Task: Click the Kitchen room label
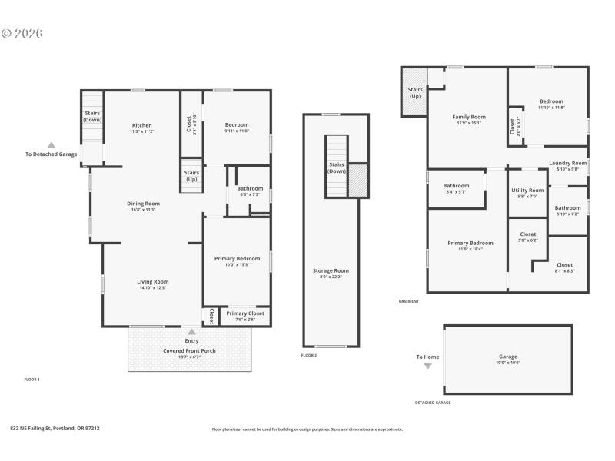pos(141,125)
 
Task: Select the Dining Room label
pos(143,204)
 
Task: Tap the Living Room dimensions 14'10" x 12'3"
pos(152,288)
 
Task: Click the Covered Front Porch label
pos(189,351)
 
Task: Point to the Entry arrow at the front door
pos(191,332)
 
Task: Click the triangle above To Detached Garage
pos(52,144)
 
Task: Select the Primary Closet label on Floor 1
pos(245,313)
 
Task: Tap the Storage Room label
pos(331,270)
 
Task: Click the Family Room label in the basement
pos(468,117)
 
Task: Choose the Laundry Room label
pos(567,163)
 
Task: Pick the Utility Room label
pos(527,190)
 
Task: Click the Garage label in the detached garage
pos(508,357)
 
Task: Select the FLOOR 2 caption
pos(309,355)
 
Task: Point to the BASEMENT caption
pos(409,301)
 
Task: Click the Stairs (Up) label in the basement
pos(415,93)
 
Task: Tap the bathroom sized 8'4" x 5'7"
pos(456,188)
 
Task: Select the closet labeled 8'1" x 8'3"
pos(564,267)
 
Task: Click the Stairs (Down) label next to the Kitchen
pos(92,117)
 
